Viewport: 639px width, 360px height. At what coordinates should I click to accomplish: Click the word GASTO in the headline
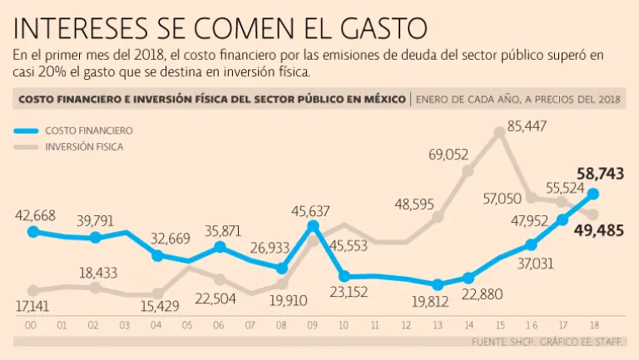click(x=377, y=27)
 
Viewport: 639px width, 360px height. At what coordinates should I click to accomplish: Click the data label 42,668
click(x=35, y=215)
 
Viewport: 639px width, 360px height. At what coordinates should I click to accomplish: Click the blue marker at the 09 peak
click(x=314, y=225)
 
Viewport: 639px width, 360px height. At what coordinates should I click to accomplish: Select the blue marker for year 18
click(x=594, y=194)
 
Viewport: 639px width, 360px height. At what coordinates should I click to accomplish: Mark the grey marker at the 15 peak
click(x=500, y=131)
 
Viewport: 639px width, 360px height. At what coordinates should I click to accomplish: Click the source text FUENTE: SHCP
click(x=503, y=343)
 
